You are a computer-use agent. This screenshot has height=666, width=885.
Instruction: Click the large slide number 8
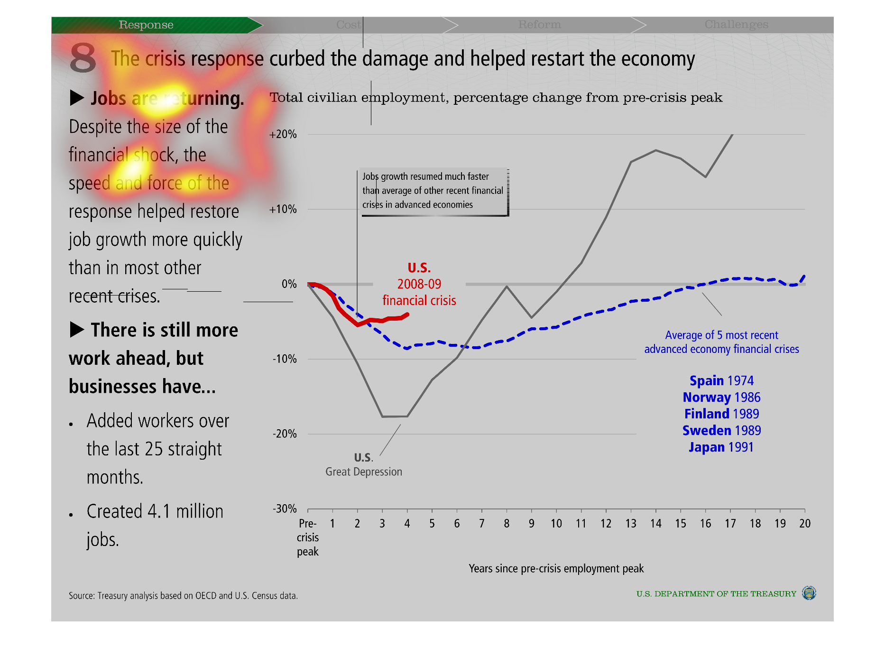(83, 58)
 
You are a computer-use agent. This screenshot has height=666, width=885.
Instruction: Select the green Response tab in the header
(146, 25)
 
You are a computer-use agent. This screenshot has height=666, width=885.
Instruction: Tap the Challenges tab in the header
(736, 25)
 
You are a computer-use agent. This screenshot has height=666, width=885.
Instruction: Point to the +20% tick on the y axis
(283, 134)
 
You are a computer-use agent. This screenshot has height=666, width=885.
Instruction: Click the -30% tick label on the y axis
(285, 509)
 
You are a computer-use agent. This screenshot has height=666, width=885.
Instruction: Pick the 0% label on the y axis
(289, 284)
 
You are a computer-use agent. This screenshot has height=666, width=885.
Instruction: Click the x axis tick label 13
(631, 523)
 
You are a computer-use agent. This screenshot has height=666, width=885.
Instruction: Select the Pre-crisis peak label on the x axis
(308, 537)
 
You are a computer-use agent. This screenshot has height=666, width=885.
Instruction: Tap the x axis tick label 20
(805, 523)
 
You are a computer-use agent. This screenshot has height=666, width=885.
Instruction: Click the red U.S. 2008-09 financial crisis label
(419, 284)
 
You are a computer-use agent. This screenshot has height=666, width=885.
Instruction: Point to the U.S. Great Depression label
(364, 465)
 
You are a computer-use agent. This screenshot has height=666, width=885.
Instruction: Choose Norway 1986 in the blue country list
(721, 398)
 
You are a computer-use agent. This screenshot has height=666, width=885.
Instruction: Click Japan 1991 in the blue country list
(721, 447)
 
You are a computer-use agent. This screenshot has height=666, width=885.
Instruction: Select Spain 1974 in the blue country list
(721, 381)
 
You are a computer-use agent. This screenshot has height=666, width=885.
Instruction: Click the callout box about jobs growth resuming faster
(433, 191)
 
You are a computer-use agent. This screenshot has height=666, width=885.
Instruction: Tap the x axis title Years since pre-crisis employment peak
(556, 568)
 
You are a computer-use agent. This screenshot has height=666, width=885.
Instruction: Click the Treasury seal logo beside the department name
(809, 593)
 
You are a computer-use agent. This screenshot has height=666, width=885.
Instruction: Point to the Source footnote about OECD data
(183, 596)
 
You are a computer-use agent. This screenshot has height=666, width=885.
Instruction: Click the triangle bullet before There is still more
(77, 330)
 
